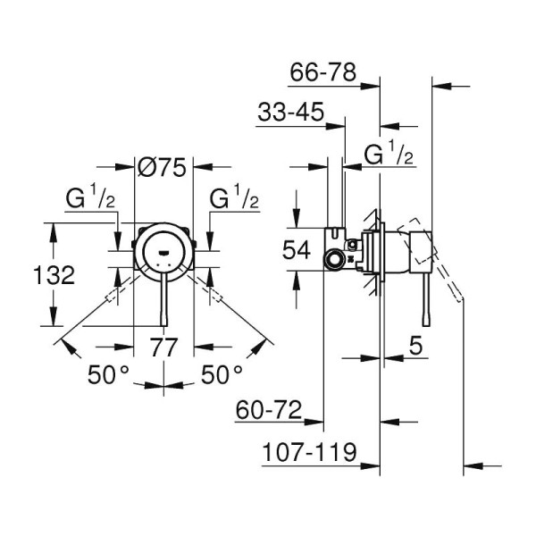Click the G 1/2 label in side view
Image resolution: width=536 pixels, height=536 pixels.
tap(389, 155)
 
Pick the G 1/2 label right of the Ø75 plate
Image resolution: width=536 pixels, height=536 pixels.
tap(235, 198)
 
